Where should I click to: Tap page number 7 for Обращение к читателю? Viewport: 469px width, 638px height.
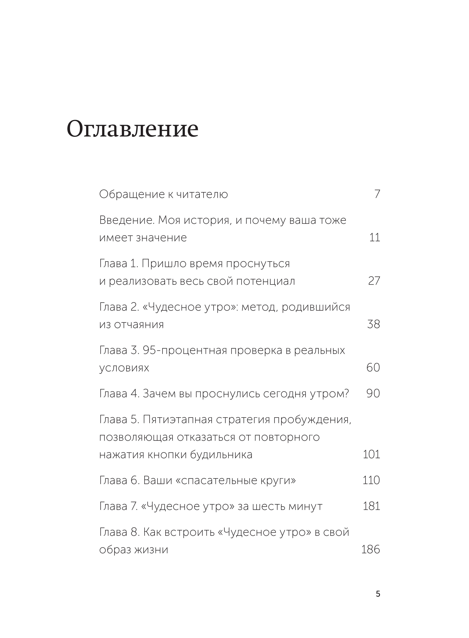(x=377, y=194)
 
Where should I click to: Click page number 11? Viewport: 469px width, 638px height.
(x=375, y=237)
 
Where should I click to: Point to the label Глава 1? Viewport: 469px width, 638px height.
(x=119, y=264)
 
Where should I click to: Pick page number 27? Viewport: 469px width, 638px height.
(x=374, y=281)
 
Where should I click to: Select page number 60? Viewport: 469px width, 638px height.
(x=373, y=367)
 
